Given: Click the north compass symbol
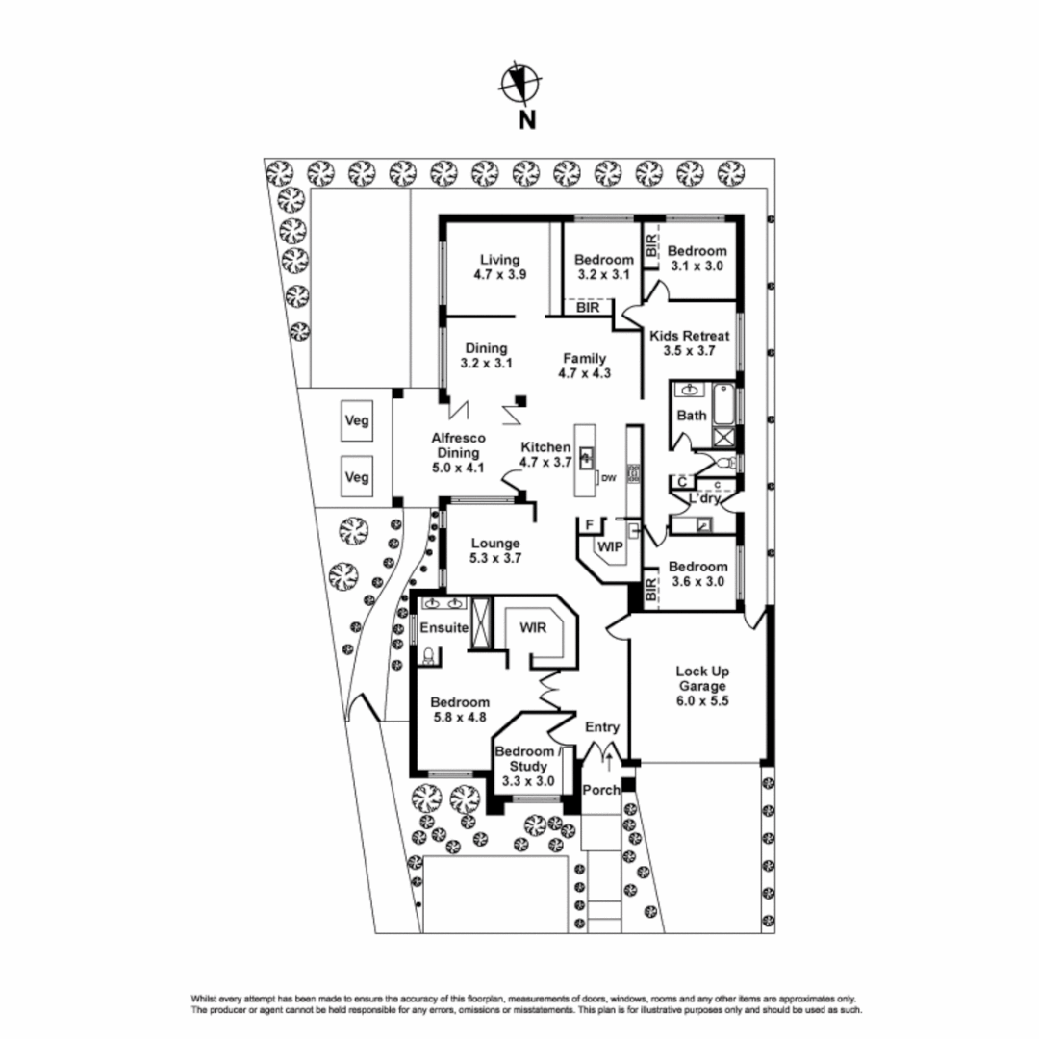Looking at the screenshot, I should point(519,84).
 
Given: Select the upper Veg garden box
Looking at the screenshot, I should point(357,420).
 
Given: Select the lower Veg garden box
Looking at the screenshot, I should point(357,476).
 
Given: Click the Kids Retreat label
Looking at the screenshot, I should point(689,336).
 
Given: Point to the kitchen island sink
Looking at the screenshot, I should point(585,456).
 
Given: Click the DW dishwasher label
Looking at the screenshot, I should point(608,477).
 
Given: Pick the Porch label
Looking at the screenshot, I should point(602,790).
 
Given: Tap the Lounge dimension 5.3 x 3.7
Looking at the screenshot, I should point(496,557).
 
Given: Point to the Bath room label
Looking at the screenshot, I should point(692,416).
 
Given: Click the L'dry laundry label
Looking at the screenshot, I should point(705,498).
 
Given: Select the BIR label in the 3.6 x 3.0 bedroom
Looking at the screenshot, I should point(651,590).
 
